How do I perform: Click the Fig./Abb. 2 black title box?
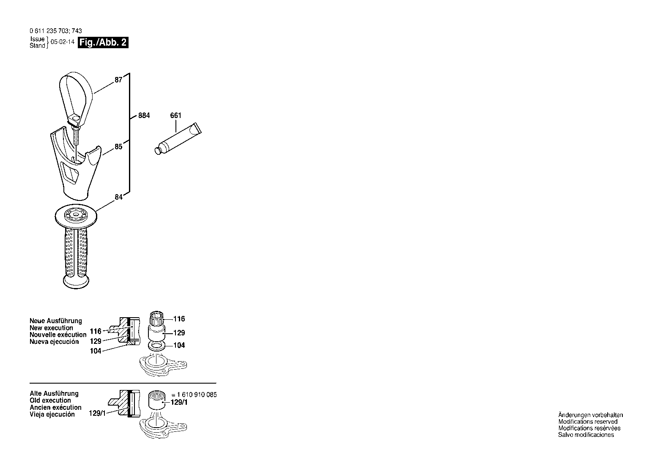(103, 43)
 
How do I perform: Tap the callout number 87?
(118, 80)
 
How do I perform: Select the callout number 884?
(144, 115)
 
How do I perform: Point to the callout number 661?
(176, 115)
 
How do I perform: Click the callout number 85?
(118, 146)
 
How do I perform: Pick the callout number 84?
(118, 197)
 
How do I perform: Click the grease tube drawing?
(178, 138)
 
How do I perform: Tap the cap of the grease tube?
(158, 151)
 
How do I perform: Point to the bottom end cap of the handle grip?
(76, 282)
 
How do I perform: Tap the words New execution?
(51, 328)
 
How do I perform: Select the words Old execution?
(50, 401)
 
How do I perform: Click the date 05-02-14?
(63, 42)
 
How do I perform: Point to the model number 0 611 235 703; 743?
(55, 31)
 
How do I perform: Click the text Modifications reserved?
(588, 422)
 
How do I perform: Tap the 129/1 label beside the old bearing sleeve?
(179, 403)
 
